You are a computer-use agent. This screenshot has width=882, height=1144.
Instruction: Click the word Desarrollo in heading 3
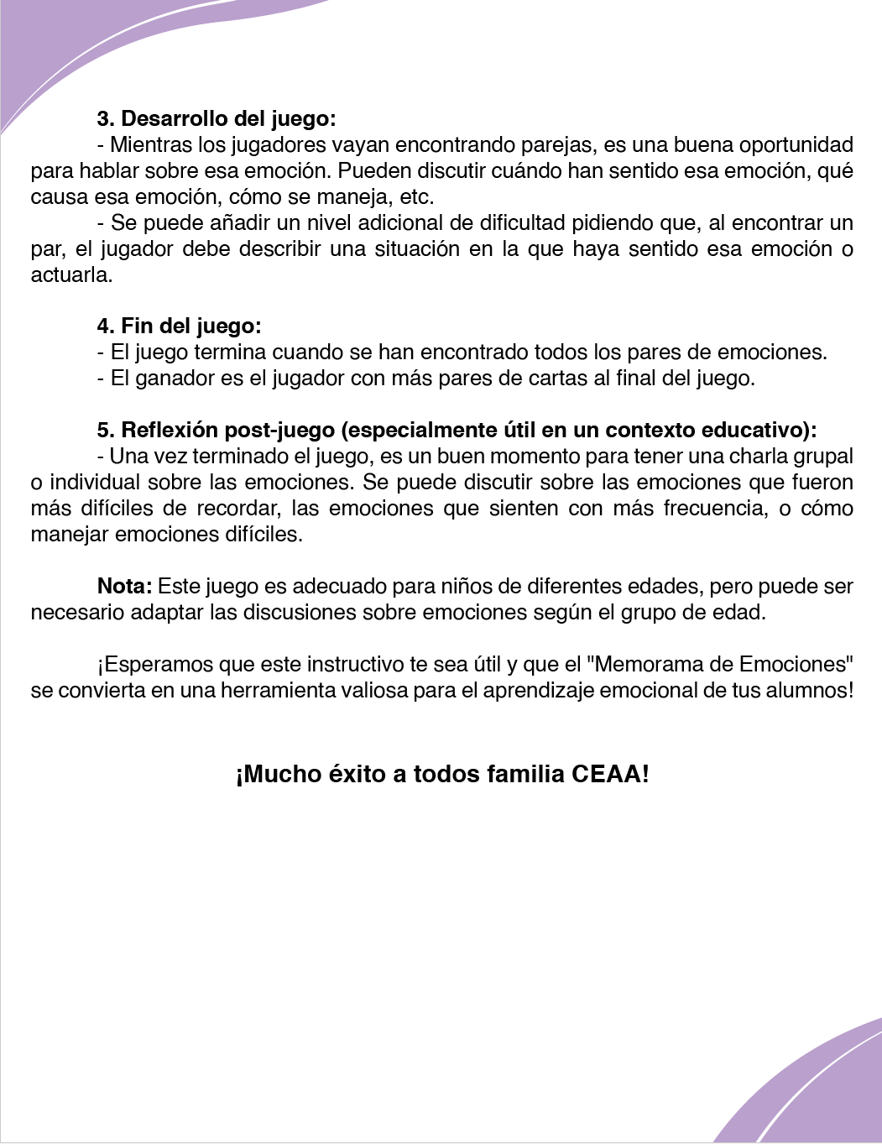[x=172, y=118]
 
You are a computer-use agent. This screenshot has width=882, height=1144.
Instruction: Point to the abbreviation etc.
[x=415, y=197]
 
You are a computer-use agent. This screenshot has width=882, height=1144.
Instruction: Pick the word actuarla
[x=71, y=275]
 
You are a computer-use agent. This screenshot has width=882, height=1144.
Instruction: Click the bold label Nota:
[x=124, y=586]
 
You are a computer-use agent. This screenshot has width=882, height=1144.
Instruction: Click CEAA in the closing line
[x=609, y=774]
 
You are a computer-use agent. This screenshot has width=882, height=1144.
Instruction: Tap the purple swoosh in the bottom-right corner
[x=806, y=1091]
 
